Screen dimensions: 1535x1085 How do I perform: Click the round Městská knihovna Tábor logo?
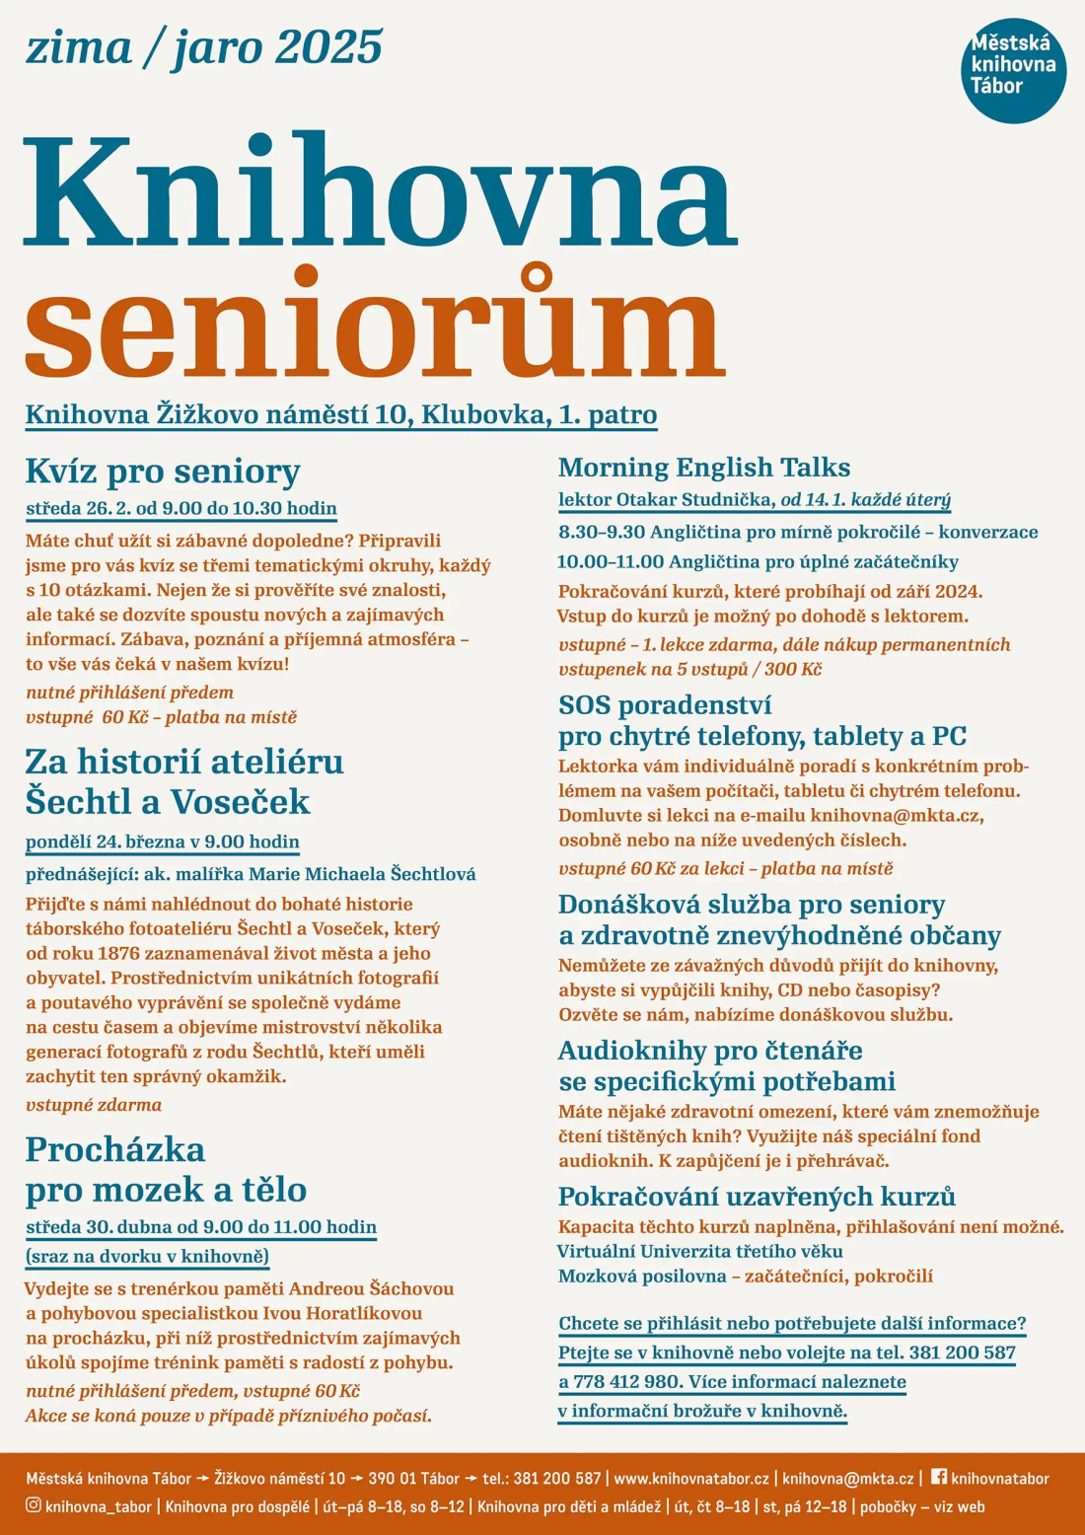pyautogui.click(x=1013, y=69)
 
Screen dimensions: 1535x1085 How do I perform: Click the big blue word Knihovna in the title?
pyautogui.click(x=379, y=191)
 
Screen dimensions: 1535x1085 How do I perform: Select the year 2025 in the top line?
pyautogui.click(x=328, y=47)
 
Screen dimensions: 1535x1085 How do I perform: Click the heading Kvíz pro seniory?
pyautogui.click(x=163, y=472)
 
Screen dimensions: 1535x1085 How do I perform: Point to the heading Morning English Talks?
pyautogui.click(x=704, y=468)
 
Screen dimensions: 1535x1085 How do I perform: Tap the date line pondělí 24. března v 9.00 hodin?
pyautogui.click(x=163, y=841)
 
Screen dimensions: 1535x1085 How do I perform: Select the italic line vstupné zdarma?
pyautogui.click(x=94, y=1105)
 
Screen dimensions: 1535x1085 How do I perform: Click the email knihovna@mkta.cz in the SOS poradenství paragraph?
pyautogui.click(x=896, y=816)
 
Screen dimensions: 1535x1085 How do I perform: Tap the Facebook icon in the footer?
pyautogui.click(x=938, y=1477)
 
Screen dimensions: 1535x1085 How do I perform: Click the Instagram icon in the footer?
pyautogui.click(x=34, y=1505)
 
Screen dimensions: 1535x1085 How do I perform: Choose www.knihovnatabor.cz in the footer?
pyautogui.click(x=690, y=1479)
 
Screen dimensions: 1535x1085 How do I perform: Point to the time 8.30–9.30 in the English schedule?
pyautogui.click(x=601, y=532)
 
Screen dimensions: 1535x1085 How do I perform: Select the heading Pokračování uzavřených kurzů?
pyautogui.click(x=757, y=1197)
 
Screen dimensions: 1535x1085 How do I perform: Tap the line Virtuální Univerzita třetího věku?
pyautogui.click(x=700, y=1252)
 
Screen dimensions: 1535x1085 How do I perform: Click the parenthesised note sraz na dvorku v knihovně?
pyautogui.click(x=147, y=1256)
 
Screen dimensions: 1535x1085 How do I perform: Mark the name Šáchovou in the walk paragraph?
pyautogui.click(x=411, y=1288)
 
